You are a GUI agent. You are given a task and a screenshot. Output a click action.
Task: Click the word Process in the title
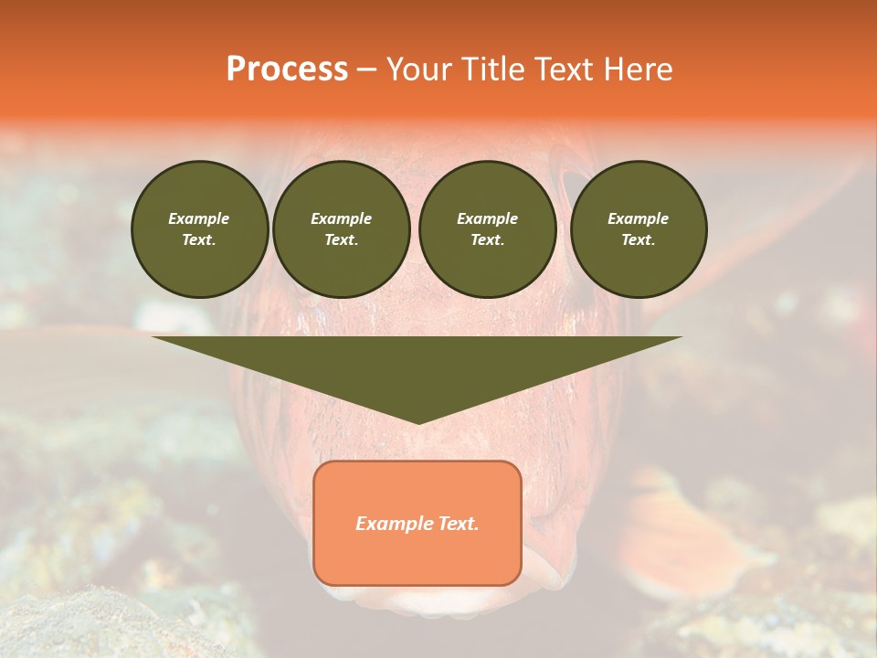(x=287, y=69)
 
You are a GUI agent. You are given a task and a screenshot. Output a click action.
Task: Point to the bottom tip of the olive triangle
(x=418, y=422)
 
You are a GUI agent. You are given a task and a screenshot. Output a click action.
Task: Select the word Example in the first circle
(x=199, y=218)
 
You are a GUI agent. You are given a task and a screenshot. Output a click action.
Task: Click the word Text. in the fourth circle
(x=639, y=239)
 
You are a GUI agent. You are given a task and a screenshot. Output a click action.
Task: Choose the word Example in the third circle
(x=488, y=218)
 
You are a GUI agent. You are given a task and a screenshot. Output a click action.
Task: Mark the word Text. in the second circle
(x=342, y=239)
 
